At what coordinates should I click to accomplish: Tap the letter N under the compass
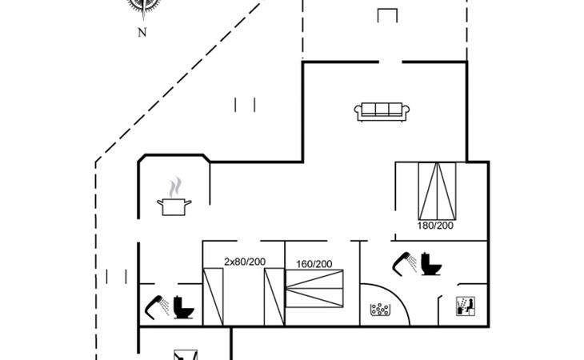coord(142,33)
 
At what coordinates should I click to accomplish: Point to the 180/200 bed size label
coord(435,226)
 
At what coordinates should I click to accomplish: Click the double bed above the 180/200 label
coord(435,190)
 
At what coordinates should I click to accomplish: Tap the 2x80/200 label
coord(245,262)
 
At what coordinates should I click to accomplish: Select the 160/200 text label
coord(314,263)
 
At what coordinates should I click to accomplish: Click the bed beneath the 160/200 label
coord(314,287)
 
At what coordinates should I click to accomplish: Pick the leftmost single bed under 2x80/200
coord(214,296)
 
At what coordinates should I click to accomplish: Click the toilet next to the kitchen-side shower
coord(182,307)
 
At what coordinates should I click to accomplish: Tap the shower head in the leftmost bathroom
coord(154,305)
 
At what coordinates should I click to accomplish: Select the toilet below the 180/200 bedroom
coord(431,263)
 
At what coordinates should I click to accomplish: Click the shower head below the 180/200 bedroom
coord(402,261)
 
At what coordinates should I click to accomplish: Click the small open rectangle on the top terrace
coord(387,17)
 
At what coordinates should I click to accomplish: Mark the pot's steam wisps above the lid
coord(174,187)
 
